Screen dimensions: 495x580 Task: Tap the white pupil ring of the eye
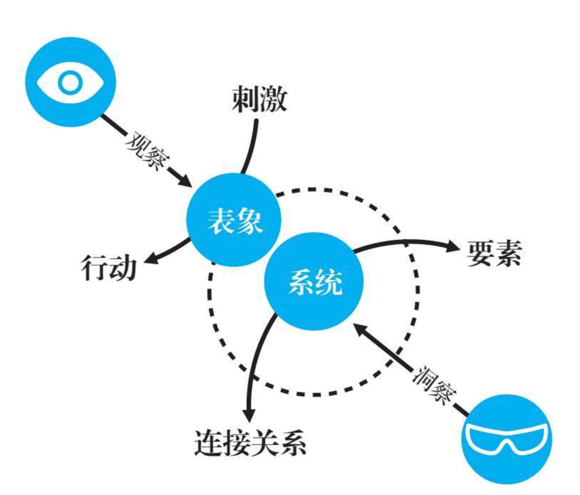[x=70, y=82]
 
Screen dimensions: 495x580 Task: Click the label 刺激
[x=259, y=99]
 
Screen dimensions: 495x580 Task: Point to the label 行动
[x=109, y=268]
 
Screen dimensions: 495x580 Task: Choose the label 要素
[x=494, y=254]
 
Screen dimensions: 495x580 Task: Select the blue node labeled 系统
[x=314, y=281]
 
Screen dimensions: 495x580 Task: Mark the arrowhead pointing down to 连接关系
[x=249, y=415]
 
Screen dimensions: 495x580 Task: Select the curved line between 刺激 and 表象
[x=251, y=146]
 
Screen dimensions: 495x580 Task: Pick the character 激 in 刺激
[x=273, y=99]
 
